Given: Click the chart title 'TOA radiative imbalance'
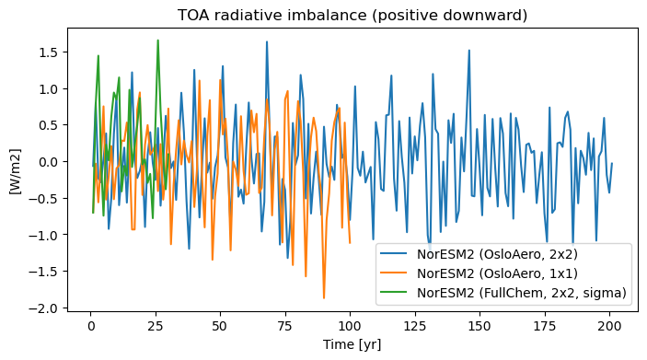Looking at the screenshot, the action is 272,16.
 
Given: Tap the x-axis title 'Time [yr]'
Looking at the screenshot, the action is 352,344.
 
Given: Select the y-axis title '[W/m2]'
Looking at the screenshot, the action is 16,171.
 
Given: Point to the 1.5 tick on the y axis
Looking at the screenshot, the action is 48,52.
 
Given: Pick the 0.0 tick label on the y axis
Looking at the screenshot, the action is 48,162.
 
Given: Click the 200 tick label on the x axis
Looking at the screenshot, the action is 609,326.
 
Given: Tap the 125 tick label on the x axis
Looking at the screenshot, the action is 415,326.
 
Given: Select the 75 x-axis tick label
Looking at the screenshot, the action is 285,326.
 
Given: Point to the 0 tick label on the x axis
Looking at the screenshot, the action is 91,326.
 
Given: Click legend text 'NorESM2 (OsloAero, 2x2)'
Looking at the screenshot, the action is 497,254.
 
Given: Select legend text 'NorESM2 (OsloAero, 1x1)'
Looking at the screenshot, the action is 497,273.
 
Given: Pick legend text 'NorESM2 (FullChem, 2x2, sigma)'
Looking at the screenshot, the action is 522,293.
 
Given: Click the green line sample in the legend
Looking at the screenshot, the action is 393,292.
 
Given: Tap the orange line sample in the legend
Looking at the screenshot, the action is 393,273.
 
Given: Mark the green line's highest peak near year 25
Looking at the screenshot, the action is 158,40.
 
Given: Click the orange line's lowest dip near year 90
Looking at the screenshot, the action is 324,298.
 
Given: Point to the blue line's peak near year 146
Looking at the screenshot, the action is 469,51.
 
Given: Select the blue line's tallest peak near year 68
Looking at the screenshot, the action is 267,41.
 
